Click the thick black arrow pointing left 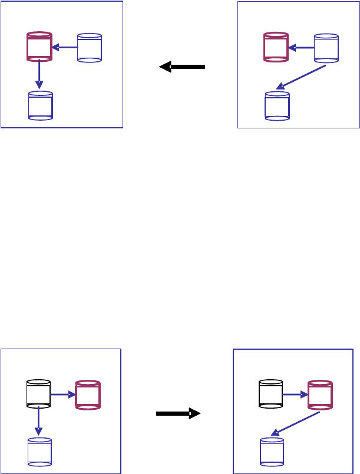pyautogui.click(x=182, y=67)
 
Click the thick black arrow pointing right pyautogui.click(x=178, y=414)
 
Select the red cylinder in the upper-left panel pyautogui.click(x=39, y=47)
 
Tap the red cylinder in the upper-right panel pyautogui.click(x=275, y=48)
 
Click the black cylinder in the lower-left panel pyautogui.click(x=39, y=394)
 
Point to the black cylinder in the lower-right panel pyautogui.click(x=271, y=394)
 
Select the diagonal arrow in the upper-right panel pyautogui.click(x=301, y=77)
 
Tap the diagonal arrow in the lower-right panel pyautogui.click(x=295, y=424)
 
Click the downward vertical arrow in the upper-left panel pyautogui.click(x=39, y=74)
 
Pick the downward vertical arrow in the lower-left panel pyautogui.click(x=38, y=421)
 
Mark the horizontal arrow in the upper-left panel pyautogui.click(x=65, y=47)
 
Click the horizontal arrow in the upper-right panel pyautogui.click(x=301, y=48)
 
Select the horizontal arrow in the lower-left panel pyautogui.click(x=63, y=395)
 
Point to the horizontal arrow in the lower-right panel pyautogui.click(x=295, y=395)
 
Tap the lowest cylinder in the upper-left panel pyautogui.click(x=41, y=105)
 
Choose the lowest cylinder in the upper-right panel pyautogui.click(x=277, y=105)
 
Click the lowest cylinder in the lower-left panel pyautogui.click(x=39, y=452)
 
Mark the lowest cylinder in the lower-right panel pyautogui.click(x=272, y=452)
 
